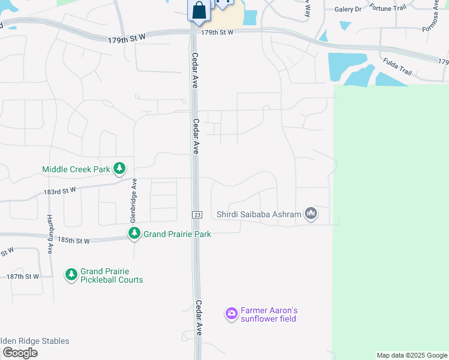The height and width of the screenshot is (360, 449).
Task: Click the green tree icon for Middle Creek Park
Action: pyautogui.click(x=120, y=169)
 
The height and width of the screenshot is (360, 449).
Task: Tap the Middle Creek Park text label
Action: pyautogui.click(x=76, y=170)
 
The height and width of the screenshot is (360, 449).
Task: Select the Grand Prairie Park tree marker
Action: pyautogui.click(x=134, y=233)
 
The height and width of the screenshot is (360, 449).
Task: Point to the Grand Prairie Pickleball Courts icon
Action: pyautogui.click(x=71, y=275)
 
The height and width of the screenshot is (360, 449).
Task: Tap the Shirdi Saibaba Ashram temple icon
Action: pyautogui.click(x=310, y=213)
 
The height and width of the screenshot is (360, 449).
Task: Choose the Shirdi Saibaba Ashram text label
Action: pyautogui.click(x=259, y=214)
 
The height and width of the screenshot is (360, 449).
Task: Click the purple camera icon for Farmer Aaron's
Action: pyautogui.click(x=232, y=313)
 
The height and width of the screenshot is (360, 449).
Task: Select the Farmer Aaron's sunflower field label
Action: pyautogui.click(x=269, y=314)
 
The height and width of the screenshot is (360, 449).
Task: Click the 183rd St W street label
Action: pyautogui.click(x=59, y=191)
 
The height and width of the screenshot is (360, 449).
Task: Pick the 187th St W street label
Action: pyautogui.click(x=23, y=276)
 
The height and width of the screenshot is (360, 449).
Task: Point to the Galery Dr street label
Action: pyautogui.click(x=348, y=9)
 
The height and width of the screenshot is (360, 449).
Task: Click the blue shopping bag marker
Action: pyautogui.click(x=199, y=10)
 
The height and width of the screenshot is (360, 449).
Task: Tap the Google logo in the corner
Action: pyautogui.click(x=19, y=353)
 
